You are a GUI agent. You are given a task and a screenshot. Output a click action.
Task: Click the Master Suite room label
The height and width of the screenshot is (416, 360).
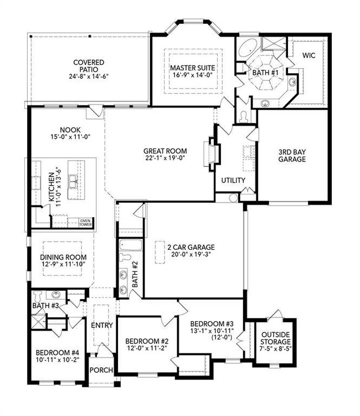(x=193, y=68)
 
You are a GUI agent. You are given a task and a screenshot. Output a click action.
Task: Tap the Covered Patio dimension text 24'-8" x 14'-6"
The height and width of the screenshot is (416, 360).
(x=89, y=76)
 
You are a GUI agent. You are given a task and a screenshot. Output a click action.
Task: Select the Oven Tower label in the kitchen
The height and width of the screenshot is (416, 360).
(x=85, y=223)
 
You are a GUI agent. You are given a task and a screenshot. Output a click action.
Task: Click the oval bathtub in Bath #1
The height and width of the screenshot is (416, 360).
(x=248, y=48)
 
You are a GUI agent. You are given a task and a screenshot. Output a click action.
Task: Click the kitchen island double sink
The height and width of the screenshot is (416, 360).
(x=73, y=181)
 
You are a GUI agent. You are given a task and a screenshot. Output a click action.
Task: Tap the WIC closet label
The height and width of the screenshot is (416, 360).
(x=309, y=55)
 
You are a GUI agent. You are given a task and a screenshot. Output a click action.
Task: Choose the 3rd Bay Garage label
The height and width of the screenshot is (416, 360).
(x=292, y=156)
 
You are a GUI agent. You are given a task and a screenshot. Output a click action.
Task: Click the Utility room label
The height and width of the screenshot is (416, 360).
(x=233, y=181)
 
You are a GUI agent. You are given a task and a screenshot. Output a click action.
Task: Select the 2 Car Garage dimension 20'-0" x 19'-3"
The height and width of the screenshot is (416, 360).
(x=191, y=254)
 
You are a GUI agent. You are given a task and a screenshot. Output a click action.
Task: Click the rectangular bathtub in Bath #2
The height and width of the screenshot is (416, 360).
(x=131, y=245)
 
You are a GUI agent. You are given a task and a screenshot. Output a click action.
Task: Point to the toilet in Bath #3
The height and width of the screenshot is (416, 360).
(x=38, y=295)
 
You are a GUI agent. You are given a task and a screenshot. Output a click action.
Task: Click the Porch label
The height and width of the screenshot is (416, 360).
(x=101, y=370)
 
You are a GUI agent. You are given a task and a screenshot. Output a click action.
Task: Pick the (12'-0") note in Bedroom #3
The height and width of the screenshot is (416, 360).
(x=222, y=337)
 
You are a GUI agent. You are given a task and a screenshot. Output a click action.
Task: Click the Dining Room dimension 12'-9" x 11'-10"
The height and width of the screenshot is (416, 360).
(x=63, y=264)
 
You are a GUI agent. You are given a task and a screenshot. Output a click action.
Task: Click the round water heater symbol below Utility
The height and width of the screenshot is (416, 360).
(x=233, y=198)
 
